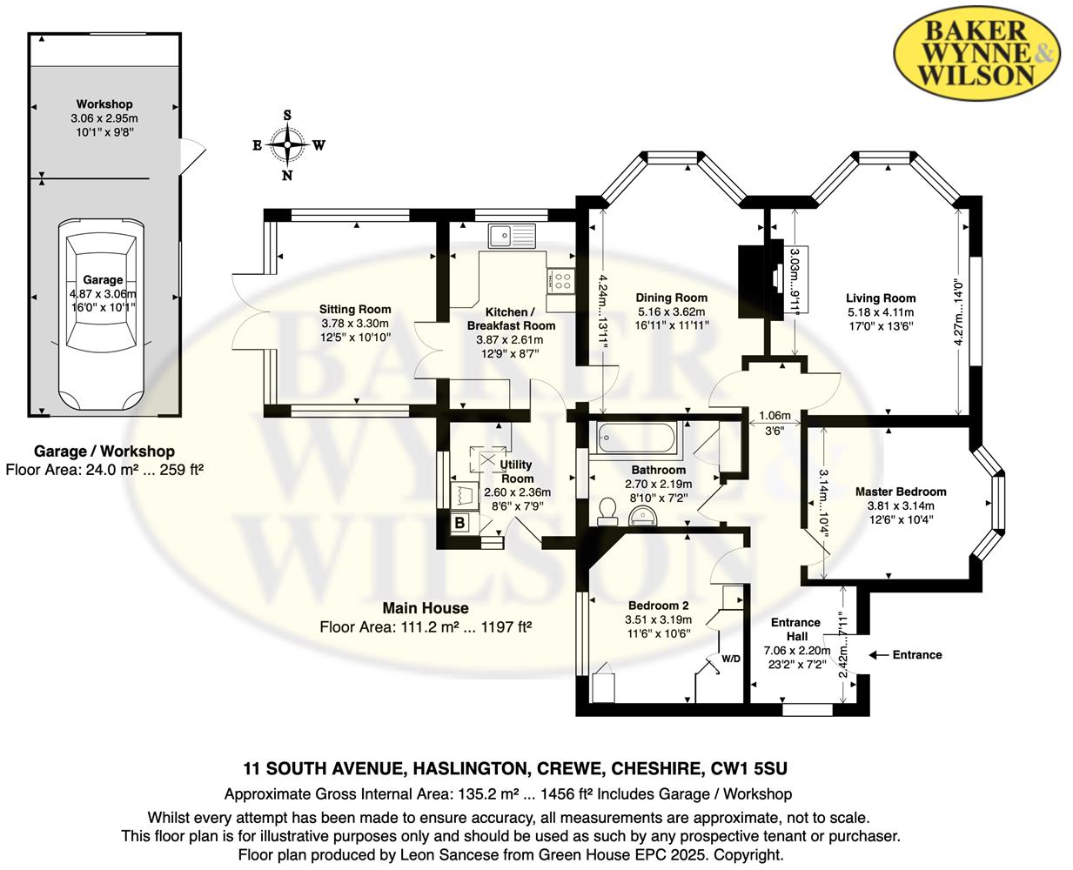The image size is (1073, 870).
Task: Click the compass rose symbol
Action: tap(288, 145)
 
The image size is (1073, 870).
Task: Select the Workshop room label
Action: tap(104, 104)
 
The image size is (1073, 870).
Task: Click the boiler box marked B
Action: tap(459, 524)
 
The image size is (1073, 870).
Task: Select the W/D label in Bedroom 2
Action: tap(730, 659)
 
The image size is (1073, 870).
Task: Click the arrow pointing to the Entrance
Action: tap(877, 655)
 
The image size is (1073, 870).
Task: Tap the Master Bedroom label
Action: tap(901, 492)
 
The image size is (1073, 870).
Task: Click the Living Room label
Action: tap(881, 298)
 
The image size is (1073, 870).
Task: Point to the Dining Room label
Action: tap(671, 298)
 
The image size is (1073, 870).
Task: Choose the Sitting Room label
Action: tap(355, 309)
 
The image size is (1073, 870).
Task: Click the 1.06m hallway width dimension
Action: tap(775, 416)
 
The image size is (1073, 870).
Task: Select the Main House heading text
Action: tap(426, 608)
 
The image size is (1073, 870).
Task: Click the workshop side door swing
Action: tap(192, 156)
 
